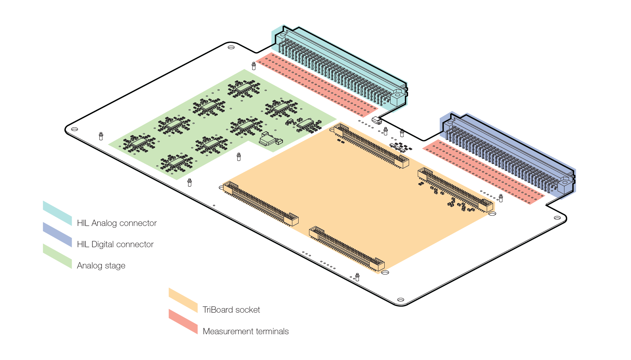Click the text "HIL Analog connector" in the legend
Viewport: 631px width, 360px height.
[117, 223]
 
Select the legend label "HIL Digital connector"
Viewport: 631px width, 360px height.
[115, 244]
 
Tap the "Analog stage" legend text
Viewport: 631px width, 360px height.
[101, 266]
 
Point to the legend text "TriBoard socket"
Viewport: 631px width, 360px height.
[231, 310]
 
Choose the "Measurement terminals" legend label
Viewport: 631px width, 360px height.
[246, 331]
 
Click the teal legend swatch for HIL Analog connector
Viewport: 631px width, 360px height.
[57, 213]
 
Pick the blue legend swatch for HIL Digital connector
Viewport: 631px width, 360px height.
[57, 234]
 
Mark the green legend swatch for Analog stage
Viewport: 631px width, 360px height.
[57, 256]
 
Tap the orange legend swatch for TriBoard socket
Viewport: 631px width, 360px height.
[183, 300]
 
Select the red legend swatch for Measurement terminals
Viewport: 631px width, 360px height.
[183, 321]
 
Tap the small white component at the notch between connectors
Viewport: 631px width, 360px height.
[377, 120]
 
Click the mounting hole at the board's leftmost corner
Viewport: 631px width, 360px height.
[75, 129]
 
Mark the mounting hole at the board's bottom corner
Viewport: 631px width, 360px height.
[401, 300]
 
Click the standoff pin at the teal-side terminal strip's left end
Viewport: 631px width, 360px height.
[254, 66]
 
